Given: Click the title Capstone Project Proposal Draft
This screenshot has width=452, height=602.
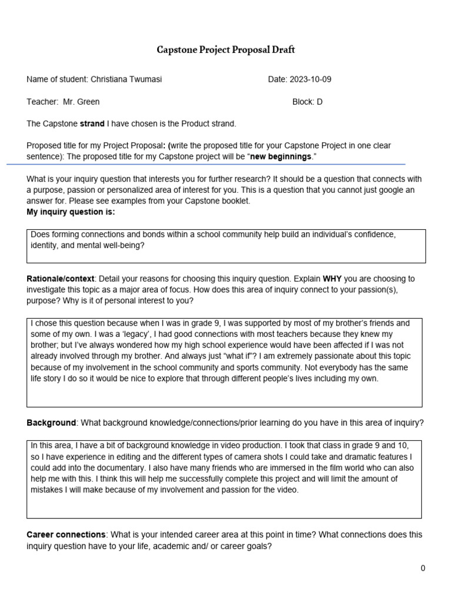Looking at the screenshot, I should (225, 50).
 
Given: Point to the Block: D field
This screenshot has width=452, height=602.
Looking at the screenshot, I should (307, 102).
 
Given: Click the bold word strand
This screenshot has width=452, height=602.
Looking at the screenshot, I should (92, 123).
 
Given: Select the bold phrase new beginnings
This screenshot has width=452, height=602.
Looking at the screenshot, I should (281, 156).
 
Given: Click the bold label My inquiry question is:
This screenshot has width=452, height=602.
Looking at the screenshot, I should (71, 212).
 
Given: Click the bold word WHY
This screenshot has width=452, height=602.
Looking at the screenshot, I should (333, 278).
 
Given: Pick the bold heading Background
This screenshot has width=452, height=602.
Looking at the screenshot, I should (51, 423).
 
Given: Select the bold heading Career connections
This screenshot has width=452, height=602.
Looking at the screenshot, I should (66, 534).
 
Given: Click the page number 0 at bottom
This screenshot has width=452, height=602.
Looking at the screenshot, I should (423, 568).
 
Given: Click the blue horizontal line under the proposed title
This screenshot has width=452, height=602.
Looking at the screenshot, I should (206, 164).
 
